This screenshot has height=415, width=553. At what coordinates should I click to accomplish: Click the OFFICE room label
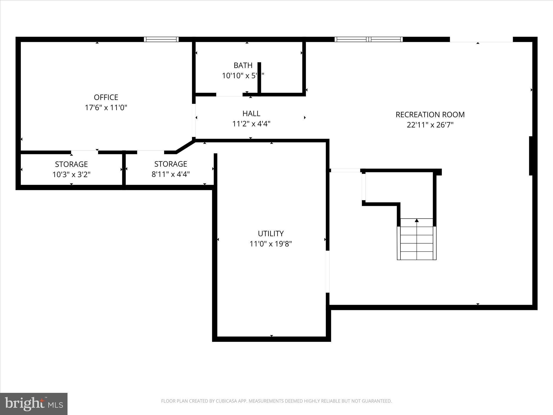coord(106,97)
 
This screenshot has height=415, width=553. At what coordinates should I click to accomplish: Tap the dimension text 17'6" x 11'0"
coord(106,108)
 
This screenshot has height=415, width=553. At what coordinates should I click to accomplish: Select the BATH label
coord(243,65)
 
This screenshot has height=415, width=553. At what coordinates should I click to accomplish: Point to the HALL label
coord(251,113)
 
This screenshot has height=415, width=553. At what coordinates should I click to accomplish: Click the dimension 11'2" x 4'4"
coord(251,124)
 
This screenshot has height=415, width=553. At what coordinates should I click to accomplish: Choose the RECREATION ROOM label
coord(430,115)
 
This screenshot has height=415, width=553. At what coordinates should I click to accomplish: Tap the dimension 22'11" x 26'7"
coord(430,125)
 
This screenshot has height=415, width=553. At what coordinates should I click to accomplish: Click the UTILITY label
coord(271,233)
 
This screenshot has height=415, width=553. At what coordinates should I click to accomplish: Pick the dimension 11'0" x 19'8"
coord(271,244)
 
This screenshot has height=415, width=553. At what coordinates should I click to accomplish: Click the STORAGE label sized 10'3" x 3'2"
coord(71,164)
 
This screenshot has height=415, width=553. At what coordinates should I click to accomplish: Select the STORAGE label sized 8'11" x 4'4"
coord(171,164)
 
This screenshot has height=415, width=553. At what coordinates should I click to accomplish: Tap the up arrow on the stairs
coord(417,221)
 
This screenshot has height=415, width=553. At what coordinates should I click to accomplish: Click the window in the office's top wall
coord(161,39)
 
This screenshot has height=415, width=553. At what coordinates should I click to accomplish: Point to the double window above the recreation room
coord(369,39)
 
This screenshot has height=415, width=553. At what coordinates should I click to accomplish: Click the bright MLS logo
coord(34,404)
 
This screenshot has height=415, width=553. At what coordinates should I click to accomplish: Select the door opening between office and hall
coord(194,121)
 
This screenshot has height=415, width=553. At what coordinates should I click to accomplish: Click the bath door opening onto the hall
coord(229,95)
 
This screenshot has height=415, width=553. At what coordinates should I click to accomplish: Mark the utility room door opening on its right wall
coord(328,272)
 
